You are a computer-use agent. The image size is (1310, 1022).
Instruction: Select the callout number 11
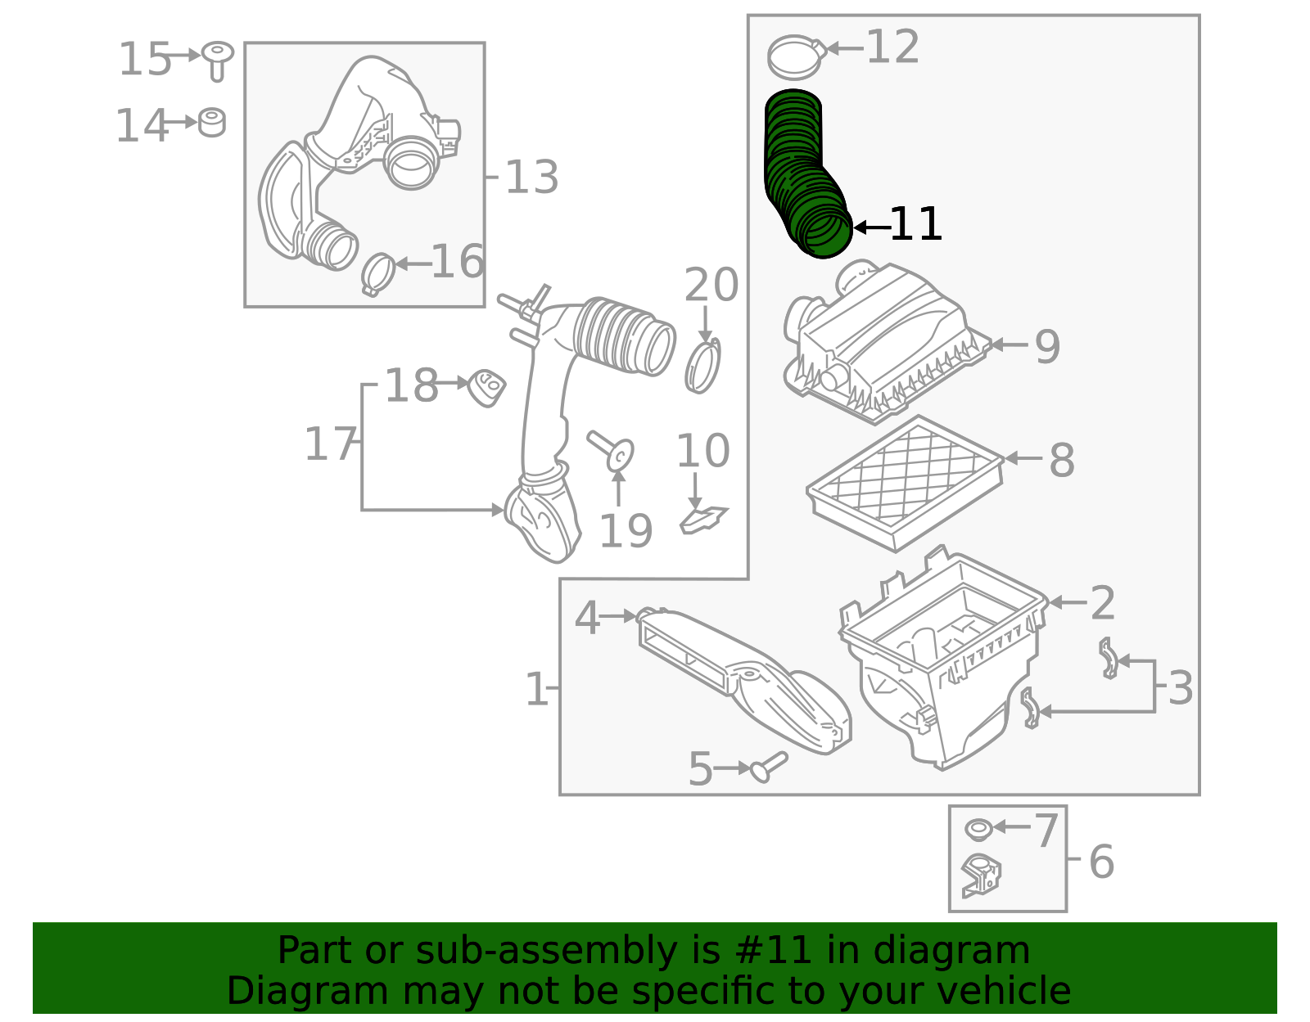(915, 224)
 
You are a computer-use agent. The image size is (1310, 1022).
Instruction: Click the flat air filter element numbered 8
(905, 482)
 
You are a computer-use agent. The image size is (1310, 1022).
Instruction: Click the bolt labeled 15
(217, 60)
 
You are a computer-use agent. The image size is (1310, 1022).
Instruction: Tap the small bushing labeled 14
(212, 122)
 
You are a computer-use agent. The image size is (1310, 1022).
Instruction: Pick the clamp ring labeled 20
(702, 366)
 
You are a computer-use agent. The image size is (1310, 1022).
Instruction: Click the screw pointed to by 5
(769, 767)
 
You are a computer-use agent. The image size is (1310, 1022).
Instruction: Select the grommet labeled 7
(978, 829)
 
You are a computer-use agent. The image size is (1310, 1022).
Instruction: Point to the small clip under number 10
(702, 520)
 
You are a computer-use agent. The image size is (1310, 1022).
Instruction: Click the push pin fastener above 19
(614, 450)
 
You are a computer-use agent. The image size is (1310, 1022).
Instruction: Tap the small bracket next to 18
(486, 386)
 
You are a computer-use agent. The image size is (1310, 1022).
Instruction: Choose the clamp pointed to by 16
(377, 273)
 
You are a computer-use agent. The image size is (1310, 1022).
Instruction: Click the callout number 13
(531, 178)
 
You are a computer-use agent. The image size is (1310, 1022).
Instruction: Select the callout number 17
(331, 444)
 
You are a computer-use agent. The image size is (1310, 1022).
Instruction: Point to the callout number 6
(1101, 862)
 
